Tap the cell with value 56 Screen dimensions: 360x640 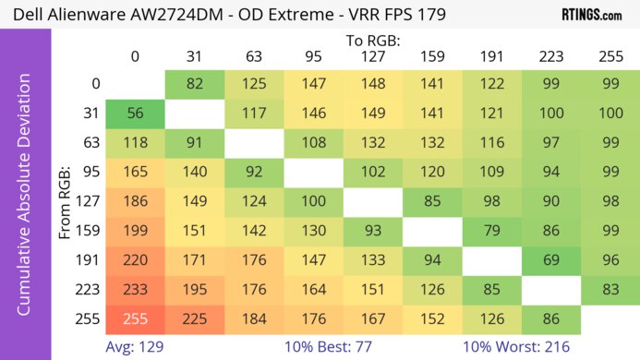135,114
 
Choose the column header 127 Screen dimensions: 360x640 374,56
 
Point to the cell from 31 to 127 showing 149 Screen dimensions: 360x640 374,114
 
